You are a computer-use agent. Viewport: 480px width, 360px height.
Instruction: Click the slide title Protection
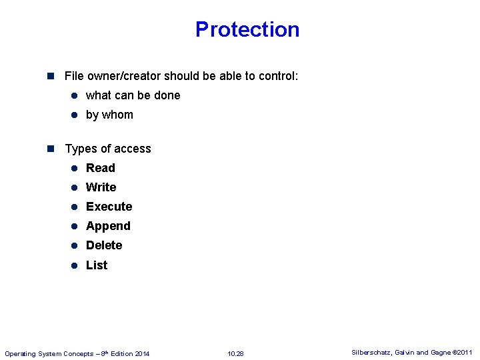(x=247, y=29)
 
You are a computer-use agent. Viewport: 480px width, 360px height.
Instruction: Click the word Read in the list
(x=101, y=168)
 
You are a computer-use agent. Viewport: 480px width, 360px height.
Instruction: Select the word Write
(x=101, y=187)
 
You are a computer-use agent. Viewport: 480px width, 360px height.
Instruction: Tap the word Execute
(x=109, y=207)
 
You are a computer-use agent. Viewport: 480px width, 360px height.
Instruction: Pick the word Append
(x=108, y=226)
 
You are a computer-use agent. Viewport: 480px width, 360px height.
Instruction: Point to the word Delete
(x=104, y=245)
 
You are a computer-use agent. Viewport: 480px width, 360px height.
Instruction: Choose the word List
(x=97, y=265)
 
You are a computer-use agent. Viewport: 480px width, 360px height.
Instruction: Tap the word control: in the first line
(x=277, y=76)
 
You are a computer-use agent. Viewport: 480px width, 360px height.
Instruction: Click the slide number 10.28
(x=235, y=353)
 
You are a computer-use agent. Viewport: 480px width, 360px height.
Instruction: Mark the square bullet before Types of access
(x=53, y=149)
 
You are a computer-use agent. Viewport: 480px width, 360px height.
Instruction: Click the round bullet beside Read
(x=75, y=169)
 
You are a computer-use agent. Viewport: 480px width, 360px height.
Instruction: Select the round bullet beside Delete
(x=75, y=246)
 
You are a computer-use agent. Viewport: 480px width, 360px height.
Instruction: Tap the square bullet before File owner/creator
(x=53, y=76)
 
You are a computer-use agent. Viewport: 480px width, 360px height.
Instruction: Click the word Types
(x=80, y=149)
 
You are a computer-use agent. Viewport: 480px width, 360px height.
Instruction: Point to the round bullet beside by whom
(x=75, y=115)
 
